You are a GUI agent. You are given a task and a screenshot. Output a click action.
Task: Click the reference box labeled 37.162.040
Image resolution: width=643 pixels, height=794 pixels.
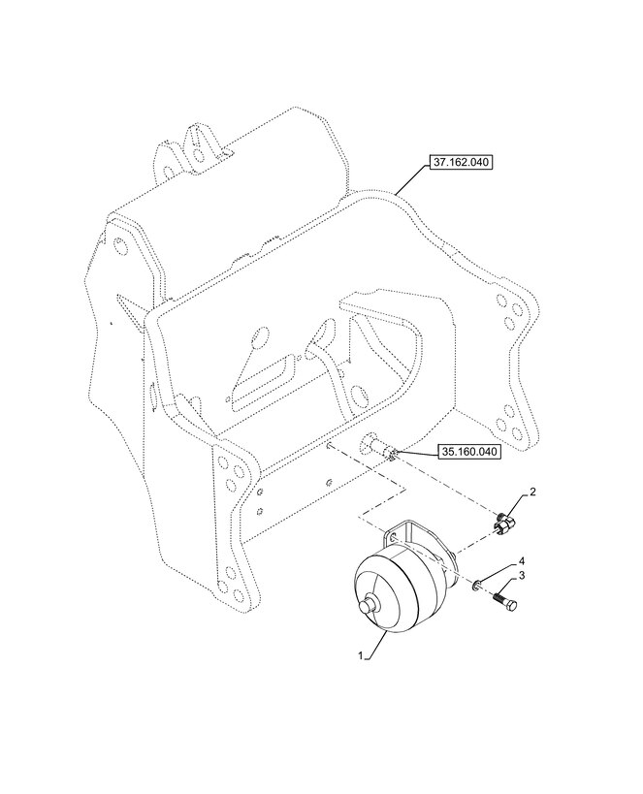point(461,163)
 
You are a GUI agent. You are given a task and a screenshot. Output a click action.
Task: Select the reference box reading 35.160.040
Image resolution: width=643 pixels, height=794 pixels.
point(469,451)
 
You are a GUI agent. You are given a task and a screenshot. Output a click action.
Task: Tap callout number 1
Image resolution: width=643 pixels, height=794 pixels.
point(362,655)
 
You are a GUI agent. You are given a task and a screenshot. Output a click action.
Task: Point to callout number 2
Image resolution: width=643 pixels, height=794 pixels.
point(532,492)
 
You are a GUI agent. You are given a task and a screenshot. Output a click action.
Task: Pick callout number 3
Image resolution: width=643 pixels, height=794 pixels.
point(522,576)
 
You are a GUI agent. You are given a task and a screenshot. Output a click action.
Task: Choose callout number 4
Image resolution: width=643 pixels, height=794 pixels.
point(522,561)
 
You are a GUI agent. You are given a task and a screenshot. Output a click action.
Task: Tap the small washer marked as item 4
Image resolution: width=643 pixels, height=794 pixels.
point(477,586)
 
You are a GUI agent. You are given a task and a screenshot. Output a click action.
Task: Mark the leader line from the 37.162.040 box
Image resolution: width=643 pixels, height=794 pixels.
point(412,177)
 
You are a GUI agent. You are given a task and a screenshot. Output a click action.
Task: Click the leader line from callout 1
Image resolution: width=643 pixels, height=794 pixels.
point(376,645)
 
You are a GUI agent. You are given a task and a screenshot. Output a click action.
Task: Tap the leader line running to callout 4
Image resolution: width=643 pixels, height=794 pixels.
point(499,572)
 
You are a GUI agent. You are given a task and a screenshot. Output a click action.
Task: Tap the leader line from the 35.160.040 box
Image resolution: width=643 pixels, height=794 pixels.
point(418,451)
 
